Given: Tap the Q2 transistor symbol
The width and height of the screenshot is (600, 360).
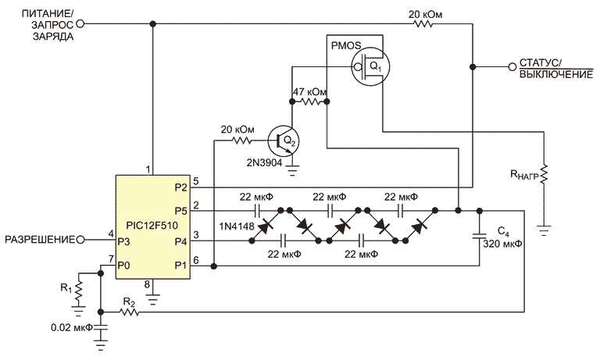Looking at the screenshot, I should pos(282,141).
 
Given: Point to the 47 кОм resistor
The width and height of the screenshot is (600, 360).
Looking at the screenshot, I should pos(312,102).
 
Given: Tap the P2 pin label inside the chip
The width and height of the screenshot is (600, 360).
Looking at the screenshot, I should pos(181,187).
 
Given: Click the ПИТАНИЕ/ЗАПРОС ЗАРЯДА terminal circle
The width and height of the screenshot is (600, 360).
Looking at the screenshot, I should pos(80,24).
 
